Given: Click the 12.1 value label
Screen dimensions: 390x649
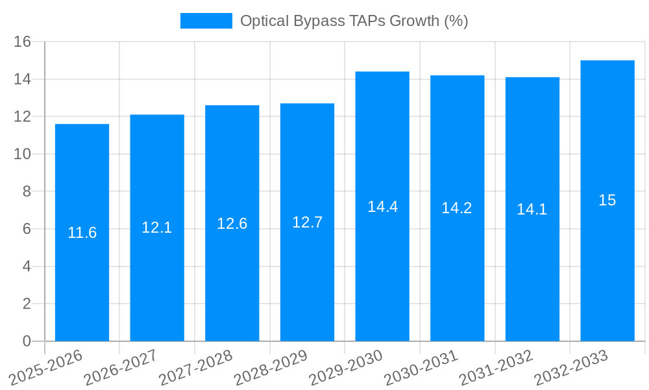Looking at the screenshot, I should coord(157,227).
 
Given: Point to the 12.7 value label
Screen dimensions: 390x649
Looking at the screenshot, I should coord(307,222).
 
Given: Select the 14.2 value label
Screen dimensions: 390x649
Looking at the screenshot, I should coord(457,208).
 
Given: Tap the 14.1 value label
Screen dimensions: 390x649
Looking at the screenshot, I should coord(532,209).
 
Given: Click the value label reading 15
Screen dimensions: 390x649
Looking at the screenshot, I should coord(607,200).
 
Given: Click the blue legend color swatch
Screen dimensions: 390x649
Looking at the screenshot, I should coord(206,21).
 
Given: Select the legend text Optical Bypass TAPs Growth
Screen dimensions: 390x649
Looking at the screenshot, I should coord(354,21).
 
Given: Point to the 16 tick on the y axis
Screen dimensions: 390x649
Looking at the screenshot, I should coord(22,42).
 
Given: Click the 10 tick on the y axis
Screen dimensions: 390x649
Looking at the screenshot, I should coord(22,154).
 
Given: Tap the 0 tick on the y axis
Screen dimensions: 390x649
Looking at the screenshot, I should coord(27,341).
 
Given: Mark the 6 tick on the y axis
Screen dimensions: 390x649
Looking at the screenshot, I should coord(27,229).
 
